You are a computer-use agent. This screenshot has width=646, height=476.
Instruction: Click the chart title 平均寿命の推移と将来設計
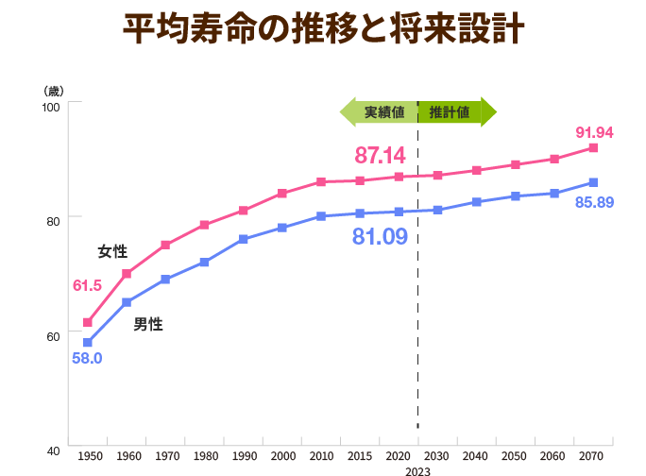pos(323,28)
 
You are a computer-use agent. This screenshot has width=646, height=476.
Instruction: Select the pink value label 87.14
pos(380,156)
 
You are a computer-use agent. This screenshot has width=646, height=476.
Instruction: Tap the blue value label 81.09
pos(380,236)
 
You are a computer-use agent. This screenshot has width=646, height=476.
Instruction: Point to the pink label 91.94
pos(594,132)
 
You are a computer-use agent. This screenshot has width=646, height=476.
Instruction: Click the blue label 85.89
pos(594,202)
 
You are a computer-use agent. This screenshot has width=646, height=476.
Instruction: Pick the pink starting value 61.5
pos(87,285)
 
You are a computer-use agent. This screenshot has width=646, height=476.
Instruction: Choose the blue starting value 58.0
pos(87,358)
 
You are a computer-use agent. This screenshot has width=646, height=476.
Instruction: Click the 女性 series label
pos(112,251)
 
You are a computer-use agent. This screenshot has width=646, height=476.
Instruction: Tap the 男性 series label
pos(148,324)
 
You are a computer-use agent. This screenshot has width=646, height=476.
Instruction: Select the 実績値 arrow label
pos(384,112)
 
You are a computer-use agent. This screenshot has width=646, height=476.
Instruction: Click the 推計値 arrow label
pos(449,112)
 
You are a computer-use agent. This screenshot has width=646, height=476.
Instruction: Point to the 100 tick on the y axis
pos(51,107)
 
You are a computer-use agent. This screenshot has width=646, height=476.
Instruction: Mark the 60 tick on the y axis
pos(53,337)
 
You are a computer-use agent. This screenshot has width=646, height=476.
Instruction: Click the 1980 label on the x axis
pos(206,456)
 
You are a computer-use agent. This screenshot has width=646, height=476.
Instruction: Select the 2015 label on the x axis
pos(360,456)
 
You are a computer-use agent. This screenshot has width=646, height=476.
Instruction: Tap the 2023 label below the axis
pos(417,471)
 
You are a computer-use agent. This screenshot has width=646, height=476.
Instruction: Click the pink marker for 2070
pos(593,148)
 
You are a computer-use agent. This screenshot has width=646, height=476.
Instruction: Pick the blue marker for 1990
pos(243,240)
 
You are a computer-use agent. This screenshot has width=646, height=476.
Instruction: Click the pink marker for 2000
pos(282,194)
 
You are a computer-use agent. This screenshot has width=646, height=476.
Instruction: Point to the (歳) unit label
pos(54,91)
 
